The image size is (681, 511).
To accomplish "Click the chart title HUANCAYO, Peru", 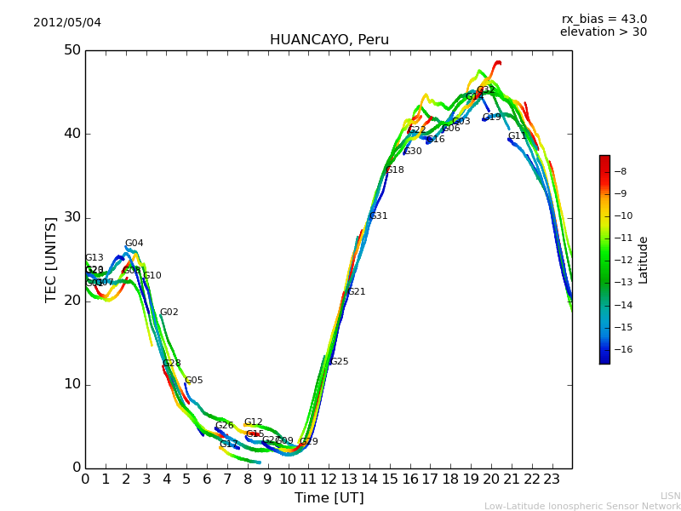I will click(329, 40).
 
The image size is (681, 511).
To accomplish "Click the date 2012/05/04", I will click(67, 22).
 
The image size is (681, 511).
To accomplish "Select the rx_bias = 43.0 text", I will click(604, 19).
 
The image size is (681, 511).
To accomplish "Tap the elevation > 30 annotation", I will click(603, 32).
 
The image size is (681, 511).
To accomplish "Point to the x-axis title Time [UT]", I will click(329, 497).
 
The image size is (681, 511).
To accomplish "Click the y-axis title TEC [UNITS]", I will click(52, 259).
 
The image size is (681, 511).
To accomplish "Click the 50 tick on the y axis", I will click(72, 50).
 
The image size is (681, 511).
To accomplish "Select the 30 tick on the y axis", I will click(72, 217).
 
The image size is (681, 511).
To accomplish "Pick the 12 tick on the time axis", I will click(329, 479).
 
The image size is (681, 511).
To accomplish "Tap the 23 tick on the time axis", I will click(552, 479).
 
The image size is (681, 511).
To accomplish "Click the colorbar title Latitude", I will click(644, 259).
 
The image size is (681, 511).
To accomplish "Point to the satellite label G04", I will click(134, 244).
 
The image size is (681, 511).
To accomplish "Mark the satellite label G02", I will click(169, 313).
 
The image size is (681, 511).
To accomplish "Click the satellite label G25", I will click(340, 362).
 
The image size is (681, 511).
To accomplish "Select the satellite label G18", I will click(395, 170).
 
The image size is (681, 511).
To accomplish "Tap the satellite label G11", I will click(518, 136).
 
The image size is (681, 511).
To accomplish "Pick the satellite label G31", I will click(379, 216).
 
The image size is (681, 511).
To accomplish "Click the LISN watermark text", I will click(670, 496).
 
